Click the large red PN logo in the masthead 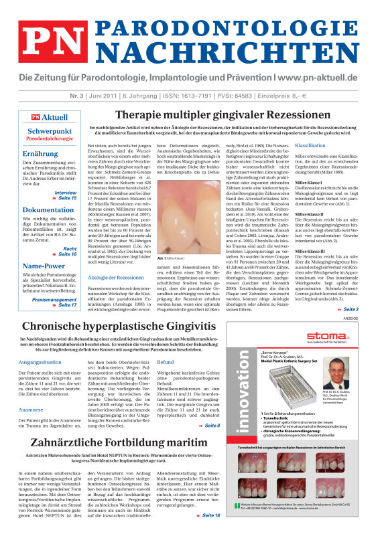46,39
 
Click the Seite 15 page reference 67,199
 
